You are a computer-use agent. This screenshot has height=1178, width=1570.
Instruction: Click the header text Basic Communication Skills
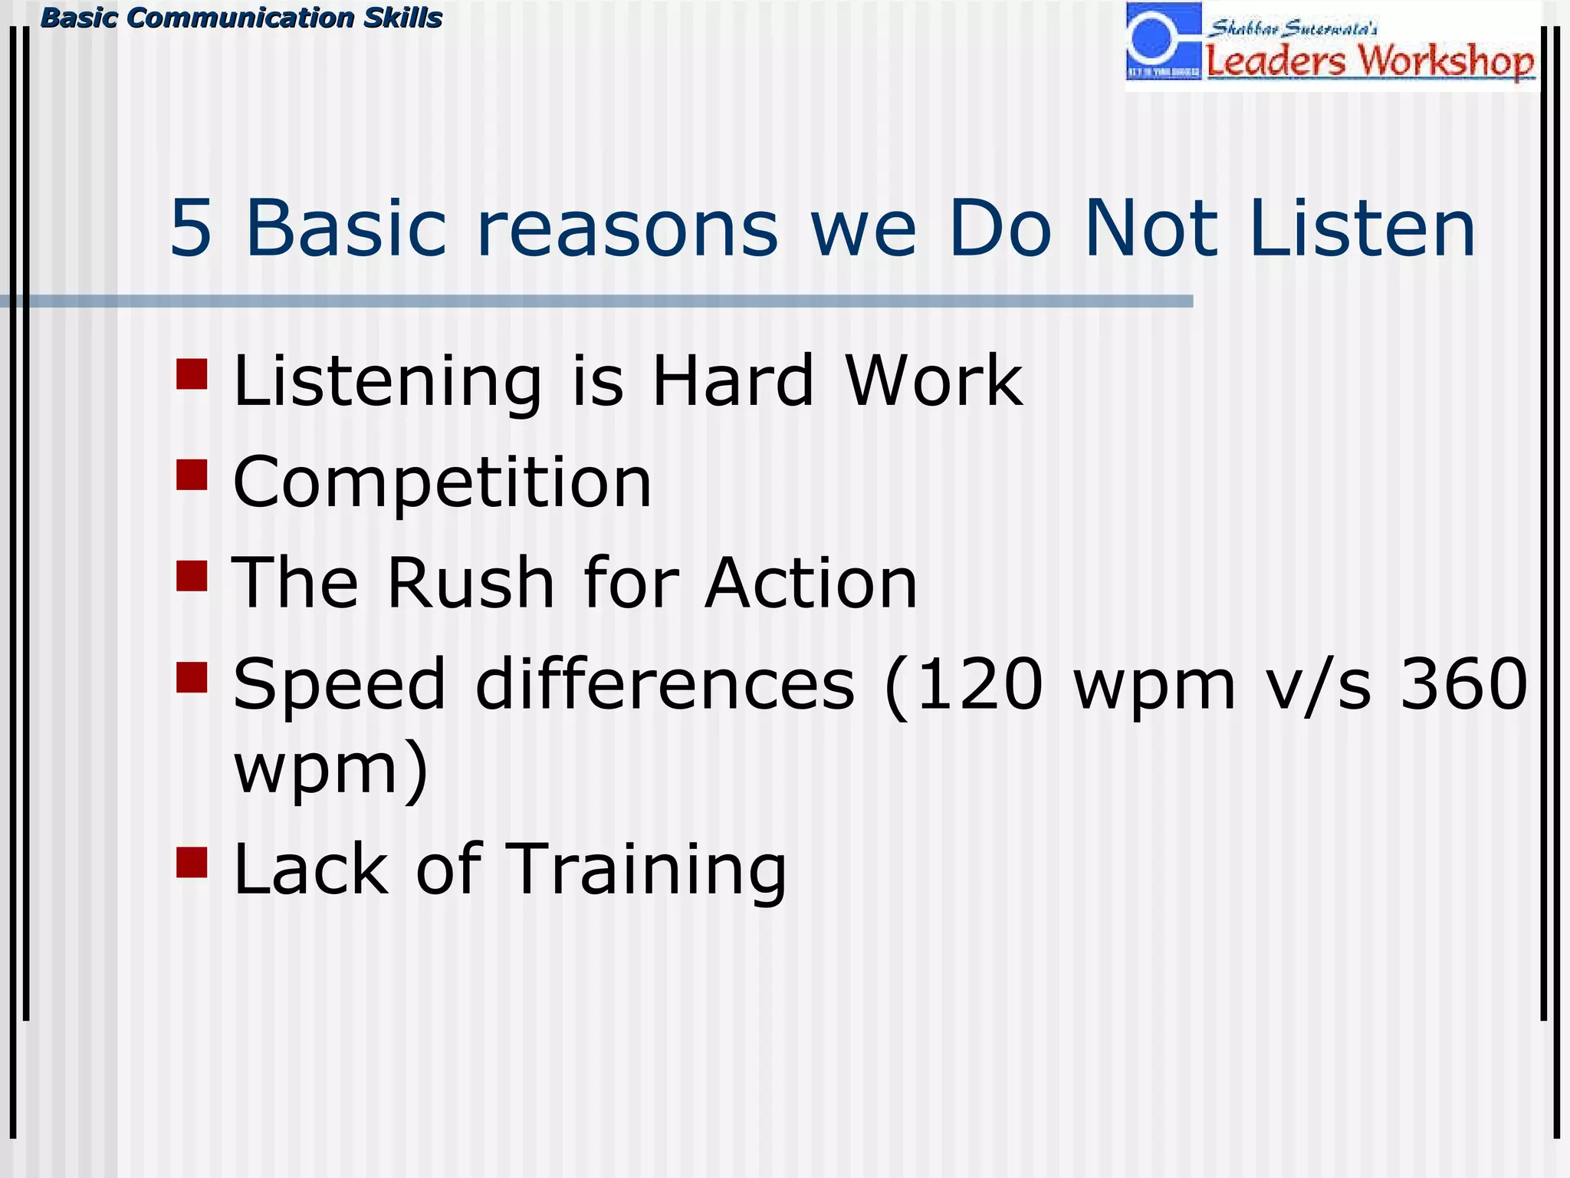[x=241, y=18]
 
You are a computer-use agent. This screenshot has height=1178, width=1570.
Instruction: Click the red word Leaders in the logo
[x=1275, y=62]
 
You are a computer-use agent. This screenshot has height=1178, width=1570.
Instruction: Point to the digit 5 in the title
[x=190, y=229]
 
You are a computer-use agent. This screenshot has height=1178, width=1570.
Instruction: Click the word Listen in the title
[x=1361, y=229]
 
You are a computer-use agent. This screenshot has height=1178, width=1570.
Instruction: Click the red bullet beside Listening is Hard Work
[x=192, y=374]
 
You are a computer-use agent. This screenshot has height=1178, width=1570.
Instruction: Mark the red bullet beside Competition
[x=192, y=475]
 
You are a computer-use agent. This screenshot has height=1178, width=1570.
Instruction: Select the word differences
[x=664, y=684]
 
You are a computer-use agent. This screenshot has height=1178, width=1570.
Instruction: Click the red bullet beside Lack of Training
[x=192, y=862]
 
